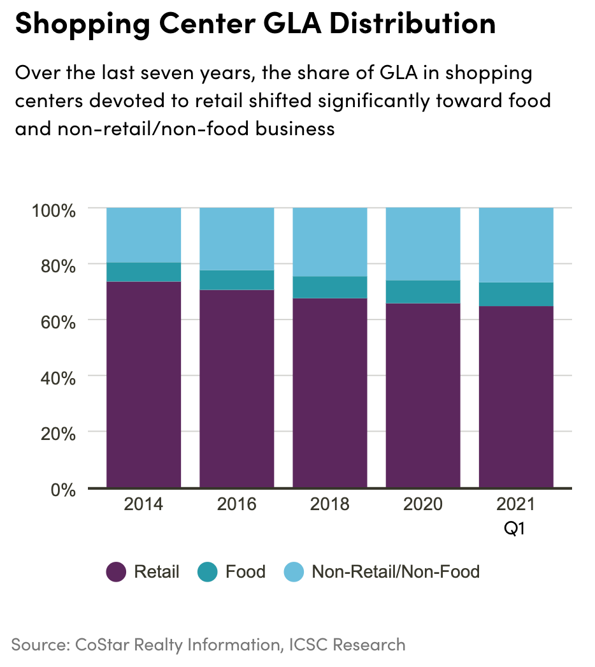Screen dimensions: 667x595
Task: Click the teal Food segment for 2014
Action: pyautogui.click(x=143, y=272)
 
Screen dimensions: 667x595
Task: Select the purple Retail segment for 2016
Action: pyautogui.click(x=236, y=388)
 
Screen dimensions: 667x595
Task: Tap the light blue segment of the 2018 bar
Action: pyautogui.click(x=329, y=242)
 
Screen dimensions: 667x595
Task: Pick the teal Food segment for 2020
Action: pyautogui.click(x=423, y=291)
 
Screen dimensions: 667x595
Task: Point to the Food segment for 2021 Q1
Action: pyautogui.click(x=516, y=294)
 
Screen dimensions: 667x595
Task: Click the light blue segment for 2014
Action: pyautogui.click(x=143, y=235)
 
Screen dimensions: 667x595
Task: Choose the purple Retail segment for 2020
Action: pyautogui.click(x=423, y=395)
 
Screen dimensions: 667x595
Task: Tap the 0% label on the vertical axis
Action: pyautogui.click(x=64, y=489)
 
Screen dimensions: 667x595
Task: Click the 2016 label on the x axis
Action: pyautogui.click(x=236, y=504)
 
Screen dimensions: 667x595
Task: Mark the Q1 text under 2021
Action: pyautogui.click(x=515, y=529)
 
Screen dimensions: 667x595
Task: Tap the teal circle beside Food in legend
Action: pyautogui.click(x=208, y=572)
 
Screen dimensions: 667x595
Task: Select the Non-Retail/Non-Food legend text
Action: pyautogui.click(x=395, y=572)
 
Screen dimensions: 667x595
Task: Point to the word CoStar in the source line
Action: pyautogui.click(x=104, y=644)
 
